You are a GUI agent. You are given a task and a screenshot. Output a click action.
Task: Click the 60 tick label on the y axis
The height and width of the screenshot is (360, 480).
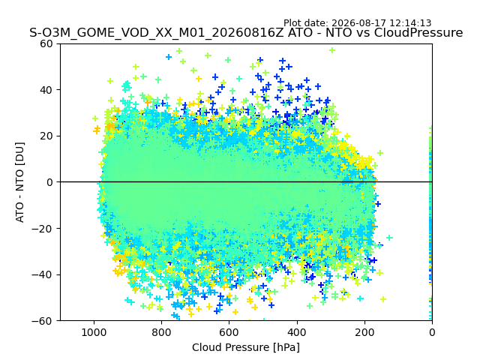pyautogui.click(x=46, y=43)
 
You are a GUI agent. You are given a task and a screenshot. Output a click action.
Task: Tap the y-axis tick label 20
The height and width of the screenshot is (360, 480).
pyautogui.click(x=46, y=136)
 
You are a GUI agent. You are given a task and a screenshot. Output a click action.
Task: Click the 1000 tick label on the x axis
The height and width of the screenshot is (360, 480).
pyautogui.click(x=94, y=332)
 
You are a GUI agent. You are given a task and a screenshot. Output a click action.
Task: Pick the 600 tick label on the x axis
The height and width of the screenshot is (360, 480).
pyautogui.click(x=229, y=332)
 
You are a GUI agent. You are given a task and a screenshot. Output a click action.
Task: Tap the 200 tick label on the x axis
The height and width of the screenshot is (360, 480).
pyautogui.click(x=364, y=332)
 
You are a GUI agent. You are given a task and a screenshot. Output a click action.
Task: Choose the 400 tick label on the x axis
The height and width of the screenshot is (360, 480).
pyautogui.click(x=297, y=332)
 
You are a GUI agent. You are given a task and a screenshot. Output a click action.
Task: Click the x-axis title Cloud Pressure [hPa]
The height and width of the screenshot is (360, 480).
pyautogui.click(x=246, y=347)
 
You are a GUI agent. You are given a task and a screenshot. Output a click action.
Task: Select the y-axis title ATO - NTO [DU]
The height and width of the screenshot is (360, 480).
pyautogui.click(x=20, y=182)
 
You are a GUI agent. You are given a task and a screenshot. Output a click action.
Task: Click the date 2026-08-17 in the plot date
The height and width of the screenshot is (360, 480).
pyautogui.click(x=360, y=23)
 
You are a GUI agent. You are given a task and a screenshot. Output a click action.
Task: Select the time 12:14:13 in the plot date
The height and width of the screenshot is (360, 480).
pyautogui.click(x=411, y=23)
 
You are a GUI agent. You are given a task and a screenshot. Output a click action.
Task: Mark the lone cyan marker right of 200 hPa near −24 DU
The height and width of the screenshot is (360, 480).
pyautogui.click(x=389, y=237)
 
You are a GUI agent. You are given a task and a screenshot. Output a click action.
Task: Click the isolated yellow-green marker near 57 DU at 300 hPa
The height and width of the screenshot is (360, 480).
pyautogui.click(x=332, y=50)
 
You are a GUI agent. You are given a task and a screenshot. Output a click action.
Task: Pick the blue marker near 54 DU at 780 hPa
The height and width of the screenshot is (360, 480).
pyautogui.click(x=169, y=57)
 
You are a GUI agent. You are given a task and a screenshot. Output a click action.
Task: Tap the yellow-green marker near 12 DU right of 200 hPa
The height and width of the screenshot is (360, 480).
pyautogui.click(x=380, y=153)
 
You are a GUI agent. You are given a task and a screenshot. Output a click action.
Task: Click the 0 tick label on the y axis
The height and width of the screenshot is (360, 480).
pyautogui.click(x=49, y=182)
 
